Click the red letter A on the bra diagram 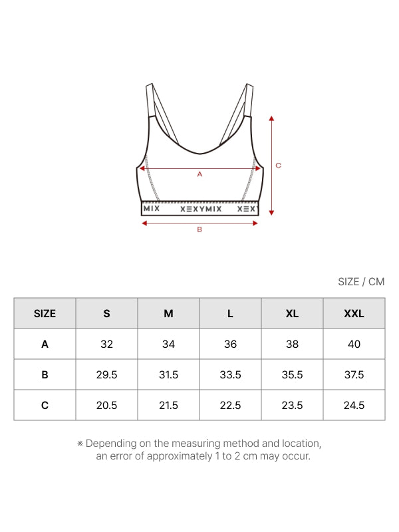[199, 174]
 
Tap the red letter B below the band [199, 230]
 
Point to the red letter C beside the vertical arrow [279, 166]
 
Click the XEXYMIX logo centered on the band [201, 208]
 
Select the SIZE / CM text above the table [361, 281]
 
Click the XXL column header [354, 313]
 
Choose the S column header [106, 313]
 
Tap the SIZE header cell [45, 313]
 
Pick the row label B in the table [45, 374]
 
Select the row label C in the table [45, 405]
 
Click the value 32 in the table [106, 344]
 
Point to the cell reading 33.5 [230, 374]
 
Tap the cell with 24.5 [354, 405]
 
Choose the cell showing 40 [354, 344]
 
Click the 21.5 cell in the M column [168, 405]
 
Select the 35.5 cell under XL [292, 374]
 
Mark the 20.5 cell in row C [106, 405]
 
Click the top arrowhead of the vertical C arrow [271, 118]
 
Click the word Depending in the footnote [110, 444]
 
